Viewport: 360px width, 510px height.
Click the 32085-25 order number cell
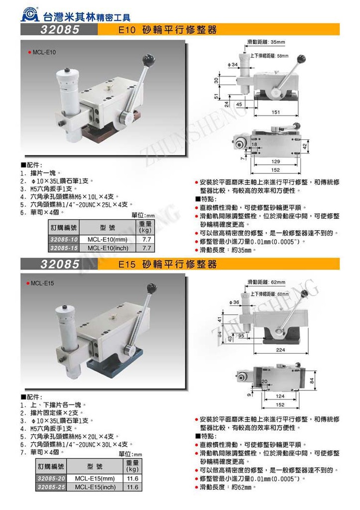click(x=51, y=487)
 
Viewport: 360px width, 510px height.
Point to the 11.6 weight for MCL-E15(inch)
click(x=132, y=487)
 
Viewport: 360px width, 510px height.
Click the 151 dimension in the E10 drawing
click(x=275, y=112)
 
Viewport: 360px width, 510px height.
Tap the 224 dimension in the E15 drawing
click(x=280, y=350)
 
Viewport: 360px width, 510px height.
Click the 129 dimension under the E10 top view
click(x=275, y=162)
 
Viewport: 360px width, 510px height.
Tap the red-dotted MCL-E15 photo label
click(x=42, y=283)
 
